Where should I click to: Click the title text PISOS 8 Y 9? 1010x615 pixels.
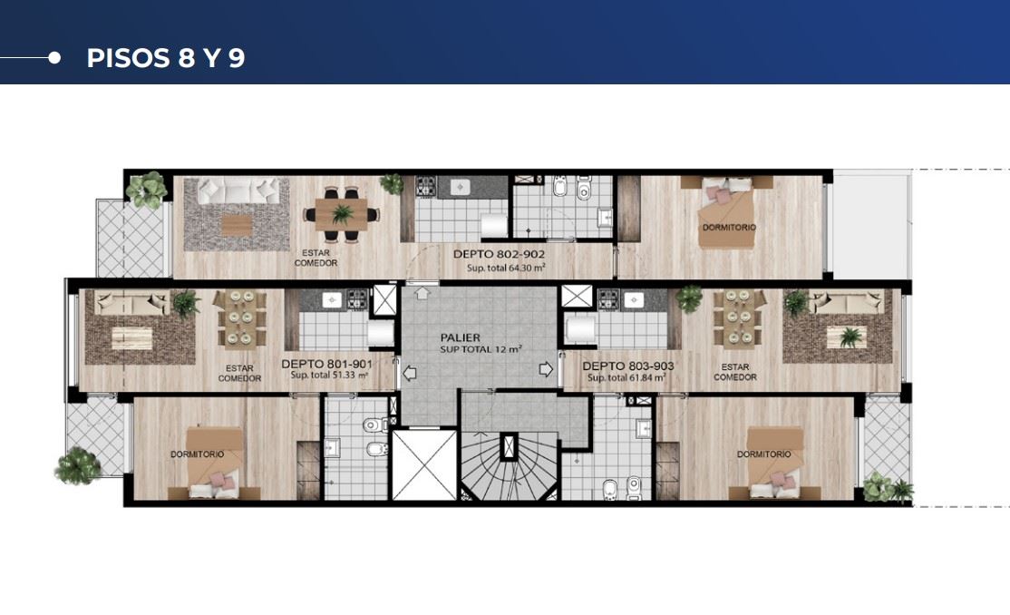[x=166, y=58]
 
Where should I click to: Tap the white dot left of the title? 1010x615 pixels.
[x=54, y=58]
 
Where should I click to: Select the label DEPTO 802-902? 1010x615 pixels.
[x=499, y=254]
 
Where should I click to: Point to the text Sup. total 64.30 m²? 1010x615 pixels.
[x=506, y=268]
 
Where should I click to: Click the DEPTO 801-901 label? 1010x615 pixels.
[x=326, y=364]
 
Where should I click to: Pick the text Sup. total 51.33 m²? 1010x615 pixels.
[x=329, y=376]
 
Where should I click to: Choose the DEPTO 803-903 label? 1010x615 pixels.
[x=628, y=366]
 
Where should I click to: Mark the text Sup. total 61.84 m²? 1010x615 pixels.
[x=626, y=377]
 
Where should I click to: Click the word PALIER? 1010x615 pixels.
[x=460, y=337]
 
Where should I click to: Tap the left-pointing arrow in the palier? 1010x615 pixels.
[x=410, y=373]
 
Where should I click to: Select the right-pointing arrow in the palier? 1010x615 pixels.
[x=546, y=369]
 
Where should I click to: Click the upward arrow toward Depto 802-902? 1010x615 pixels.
[x=422, y=293]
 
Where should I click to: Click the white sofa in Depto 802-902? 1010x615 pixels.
[x=238, y=191]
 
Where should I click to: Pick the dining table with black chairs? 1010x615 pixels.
[x=342, y=214]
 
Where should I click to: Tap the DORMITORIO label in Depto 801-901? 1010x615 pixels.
[x=197, y=454]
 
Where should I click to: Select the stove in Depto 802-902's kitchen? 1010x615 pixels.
[x=426, y=186]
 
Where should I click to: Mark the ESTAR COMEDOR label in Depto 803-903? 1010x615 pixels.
[x=735, y=372]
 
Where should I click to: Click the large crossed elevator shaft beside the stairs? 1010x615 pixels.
[x=424, y=464]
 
